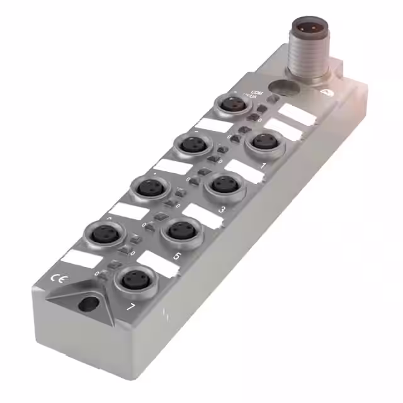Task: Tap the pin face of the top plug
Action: coord(307,29)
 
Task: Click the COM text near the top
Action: coord(256,93)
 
